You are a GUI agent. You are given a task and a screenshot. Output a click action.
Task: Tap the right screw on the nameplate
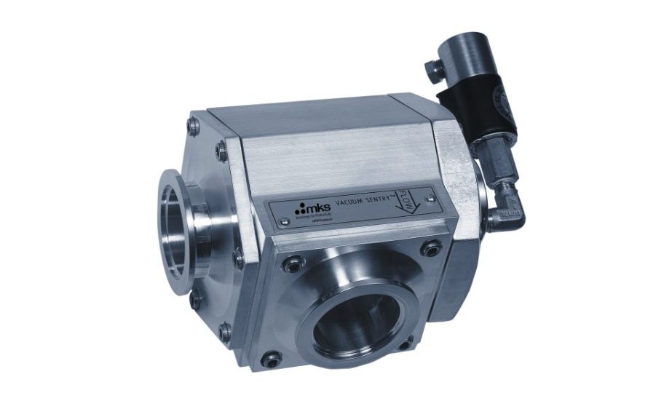pos(430,197)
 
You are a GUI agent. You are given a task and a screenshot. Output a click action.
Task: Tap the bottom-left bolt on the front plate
pos(272,358)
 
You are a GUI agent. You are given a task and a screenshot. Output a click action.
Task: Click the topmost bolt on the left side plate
pos(194,127)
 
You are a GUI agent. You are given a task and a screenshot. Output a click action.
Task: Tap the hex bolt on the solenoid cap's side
pos(434,69)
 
